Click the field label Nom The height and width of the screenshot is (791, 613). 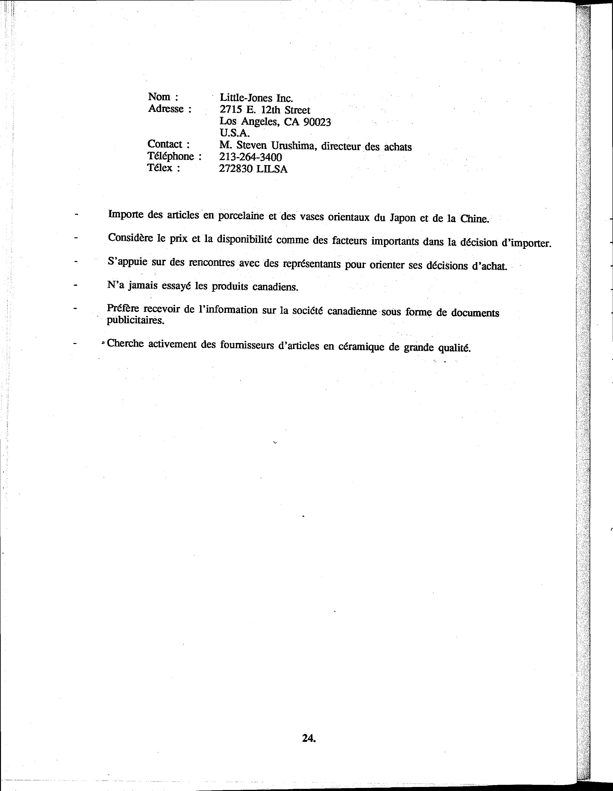click(x=159, y=97)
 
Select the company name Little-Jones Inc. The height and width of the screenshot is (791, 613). click(x=256, y=98)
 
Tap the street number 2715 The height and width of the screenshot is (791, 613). click(x=230, y=110)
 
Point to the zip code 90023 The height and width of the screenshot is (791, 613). click(x=317, y=122)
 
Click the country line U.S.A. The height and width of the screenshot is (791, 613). click(x=235, y=133)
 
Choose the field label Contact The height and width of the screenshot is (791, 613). click(x=165, y=144)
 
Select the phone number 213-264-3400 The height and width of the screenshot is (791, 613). click(x=250, y=157)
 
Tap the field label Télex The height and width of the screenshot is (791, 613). click(x=160, y=168)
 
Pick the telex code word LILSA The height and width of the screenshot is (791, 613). click(x=272, y=169)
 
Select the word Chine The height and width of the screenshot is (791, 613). click(x=474, y=219)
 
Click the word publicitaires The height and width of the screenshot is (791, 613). click(x=135, y=321)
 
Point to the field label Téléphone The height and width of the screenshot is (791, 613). click(x=170, y=157)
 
